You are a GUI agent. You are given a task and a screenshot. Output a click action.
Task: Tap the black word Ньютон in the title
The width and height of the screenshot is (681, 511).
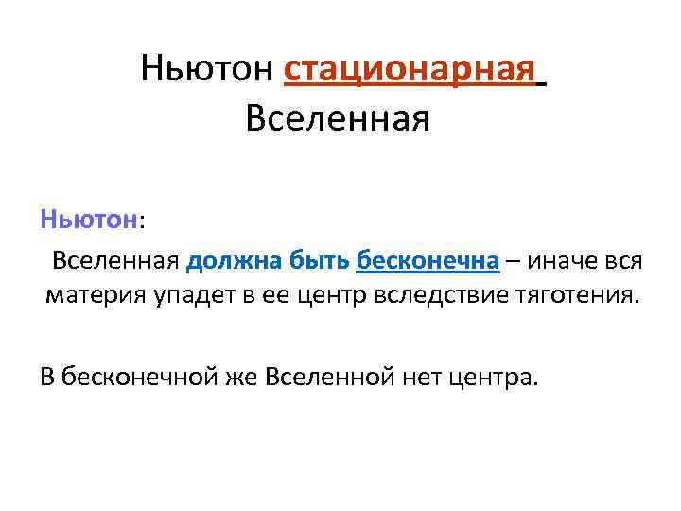[x=207, y=68]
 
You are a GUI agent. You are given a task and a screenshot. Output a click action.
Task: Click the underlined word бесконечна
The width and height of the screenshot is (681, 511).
[x=428, y=260]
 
